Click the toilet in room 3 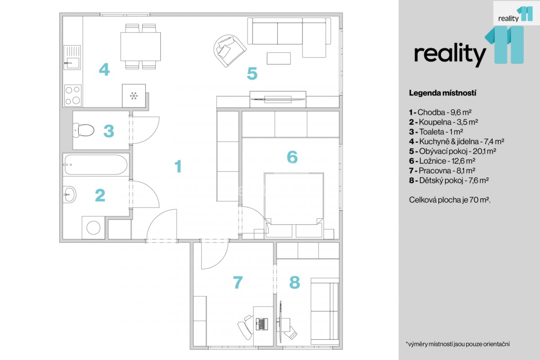click(83, 130)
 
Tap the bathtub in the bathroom click(96, 164)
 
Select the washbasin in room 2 click(70, 194)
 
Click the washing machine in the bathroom click(93, 227)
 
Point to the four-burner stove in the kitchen click(73, 95)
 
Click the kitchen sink click(72, 58)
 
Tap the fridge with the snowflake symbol click(134, 96)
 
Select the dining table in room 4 click(140, 46)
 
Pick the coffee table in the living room click(279, 58)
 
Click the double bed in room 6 click(294, 205)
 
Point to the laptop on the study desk click(262, 324)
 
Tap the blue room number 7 click(238, 282)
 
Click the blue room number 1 click(178, 166)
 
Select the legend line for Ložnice click(442, 161)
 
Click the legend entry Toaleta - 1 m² click(436, 132)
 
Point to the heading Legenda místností click(443, 93)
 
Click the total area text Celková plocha click(450, 200)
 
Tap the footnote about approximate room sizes click(458, 344)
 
